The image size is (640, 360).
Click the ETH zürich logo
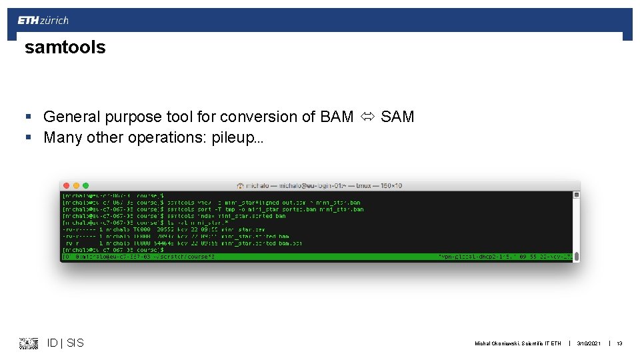click(43, 21)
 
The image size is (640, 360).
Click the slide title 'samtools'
click(65, 47)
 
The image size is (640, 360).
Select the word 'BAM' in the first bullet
click(337, 117)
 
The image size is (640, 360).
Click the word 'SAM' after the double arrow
click(397, 117)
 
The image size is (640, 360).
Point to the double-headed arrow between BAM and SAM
click(367, 117)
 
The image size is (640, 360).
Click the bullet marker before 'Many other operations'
click(28, 138)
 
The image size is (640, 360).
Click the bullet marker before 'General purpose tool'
click(28, 117)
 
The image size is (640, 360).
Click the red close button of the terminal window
click(67, 185)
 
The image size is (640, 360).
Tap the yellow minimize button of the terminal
click(77, 185)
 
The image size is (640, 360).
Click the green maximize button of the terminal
click(85, 185)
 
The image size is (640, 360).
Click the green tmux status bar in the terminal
click(317, 257)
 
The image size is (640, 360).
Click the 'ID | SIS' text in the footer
click(65, 343)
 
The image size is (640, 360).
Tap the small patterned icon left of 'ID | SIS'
click(29, 343)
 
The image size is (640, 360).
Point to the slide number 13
click(619, 343)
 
